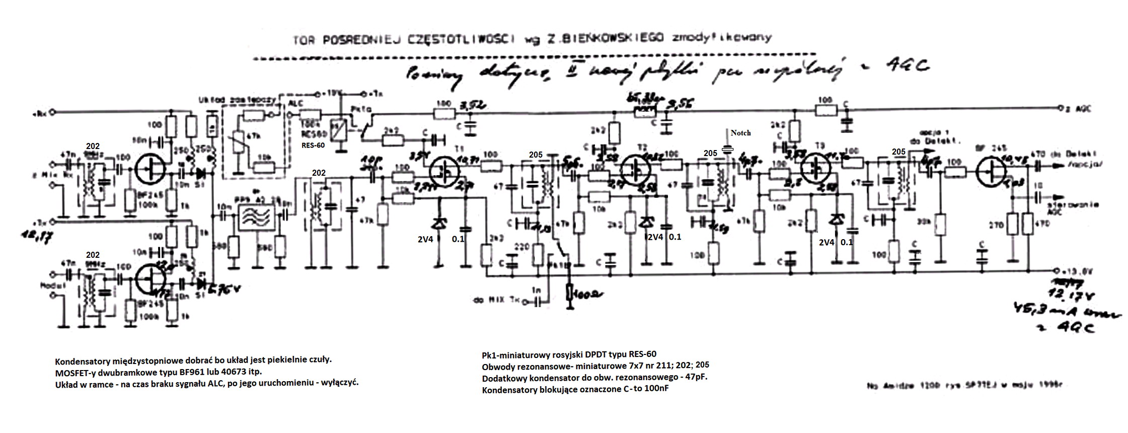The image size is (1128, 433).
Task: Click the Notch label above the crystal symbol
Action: (x=740, y=133)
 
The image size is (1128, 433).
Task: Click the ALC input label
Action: (x=295, y=103)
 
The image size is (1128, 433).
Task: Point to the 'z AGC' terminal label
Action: (x=1075, y=109)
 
